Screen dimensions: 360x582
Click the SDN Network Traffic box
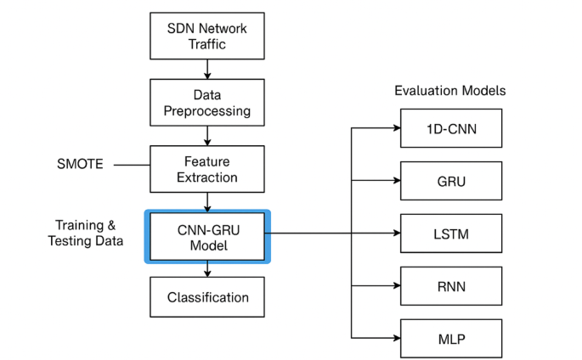coord(207,37)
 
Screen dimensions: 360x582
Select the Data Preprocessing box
coord(207,101)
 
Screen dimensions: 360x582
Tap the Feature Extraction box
coord(207,168)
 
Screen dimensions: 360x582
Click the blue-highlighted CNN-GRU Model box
coord(207,235)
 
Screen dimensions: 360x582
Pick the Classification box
coord(207,297)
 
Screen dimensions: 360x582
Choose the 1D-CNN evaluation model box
coord(452,127)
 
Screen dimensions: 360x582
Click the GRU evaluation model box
coord(452,180)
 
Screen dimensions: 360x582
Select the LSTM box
coord(452,233)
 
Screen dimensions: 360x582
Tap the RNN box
coord(452,286)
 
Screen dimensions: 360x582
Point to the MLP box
coord(452,340)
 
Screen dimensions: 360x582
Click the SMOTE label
coord(78,164)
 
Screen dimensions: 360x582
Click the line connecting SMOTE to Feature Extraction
coord(132,165)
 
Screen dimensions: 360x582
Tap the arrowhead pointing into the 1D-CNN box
coord(396,127)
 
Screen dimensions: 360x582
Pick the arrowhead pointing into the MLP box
coord(396,340)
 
